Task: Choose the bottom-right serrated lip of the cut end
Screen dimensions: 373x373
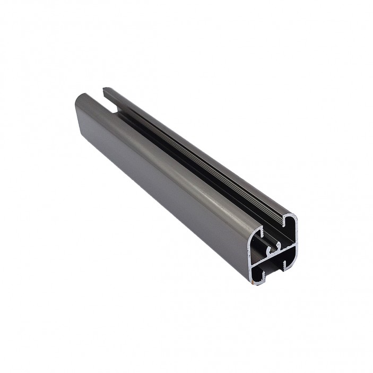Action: point(284,264)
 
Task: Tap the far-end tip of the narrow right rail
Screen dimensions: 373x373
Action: point(105,89)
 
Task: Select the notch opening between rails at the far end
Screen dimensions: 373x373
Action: point(109,106)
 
